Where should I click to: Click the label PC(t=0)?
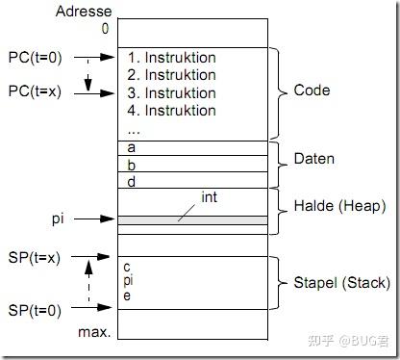34,57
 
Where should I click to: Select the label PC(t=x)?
34,91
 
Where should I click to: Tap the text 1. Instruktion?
172,58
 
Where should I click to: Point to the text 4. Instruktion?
172,110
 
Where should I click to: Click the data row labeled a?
191,148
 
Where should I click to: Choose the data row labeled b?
191,165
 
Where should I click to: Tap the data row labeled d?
191,181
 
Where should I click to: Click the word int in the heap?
209,196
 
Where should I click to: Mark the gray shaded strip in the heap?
191,220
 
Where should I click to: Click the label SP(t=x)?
34,257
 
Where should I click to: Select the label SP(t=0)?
34,310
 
